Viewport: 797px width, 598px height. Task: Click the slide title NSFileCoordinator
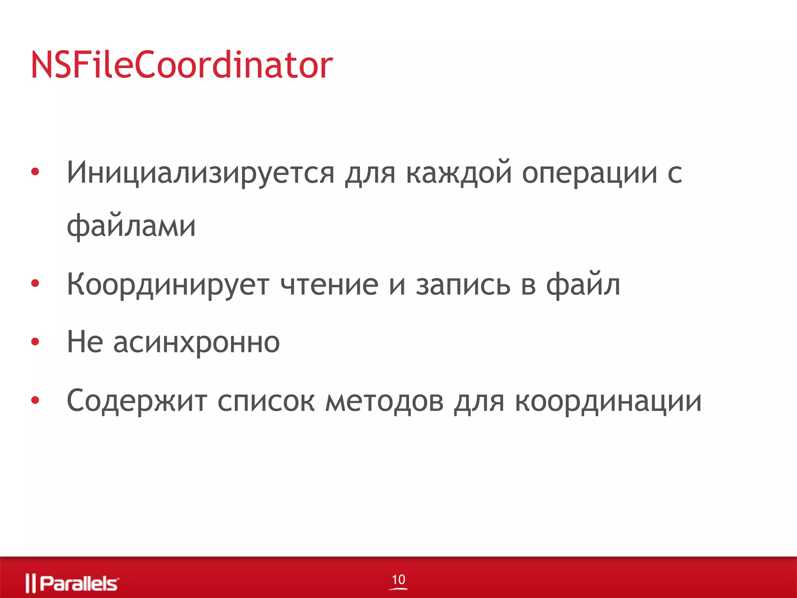pos(182,65)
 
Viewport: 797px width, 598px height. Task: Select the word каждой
pos(458,172)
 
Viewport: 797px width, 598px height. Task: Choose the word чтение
pos(329,285)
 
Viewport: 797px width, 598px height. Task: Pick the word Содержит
pos(137,401)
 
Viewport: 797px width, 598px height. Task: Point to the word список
pos(266,401)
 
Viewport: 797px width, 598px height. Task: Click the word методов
pos(384,401)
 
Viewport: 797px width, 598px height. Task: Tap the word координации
pos(608,401)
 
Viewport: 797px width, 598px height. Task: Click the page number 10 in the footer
pos(398,580)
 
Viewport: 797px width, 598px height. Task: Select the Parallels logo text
pos(79,583)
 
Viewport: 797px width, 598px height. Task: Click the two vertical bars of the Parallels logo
pos(30,583)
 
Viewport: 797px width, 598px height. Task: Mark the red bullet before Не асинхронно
pos(35,342)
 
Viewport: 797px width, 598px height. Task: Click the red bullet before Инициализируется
pos(35,172)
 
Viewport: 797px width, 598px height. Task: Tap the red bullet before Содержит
pos(35,400)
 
